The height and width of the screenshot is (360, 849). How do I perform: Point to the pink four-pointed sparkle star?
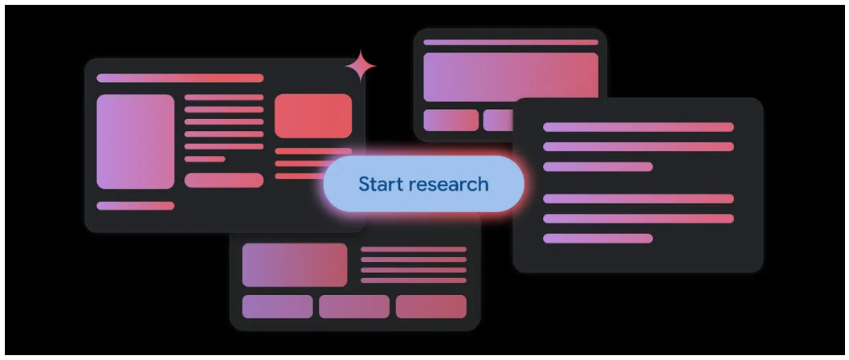pos(361,67)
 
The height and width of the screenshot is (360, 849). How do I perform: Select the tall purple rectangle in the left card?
pos(135,141)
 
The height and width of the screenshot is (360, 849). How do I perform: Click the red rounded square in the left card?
pos(313,116)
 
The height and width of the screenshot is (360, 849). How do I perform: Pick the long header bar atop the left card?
pos(180,78)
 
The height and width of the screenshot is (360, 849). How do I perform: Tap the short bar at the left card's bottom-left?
pos(135,206)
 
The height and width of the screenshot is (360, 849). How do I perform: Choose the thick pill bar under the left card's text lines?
pos(224,180)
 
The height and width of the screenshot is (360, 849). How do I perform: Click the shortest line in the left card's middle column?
pos(205,159)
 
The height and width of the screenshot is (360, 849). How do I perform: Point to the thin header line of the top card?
pos(511,42)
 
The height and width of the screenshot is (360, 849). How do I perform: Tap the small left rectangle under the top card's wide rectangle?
pos(451,120)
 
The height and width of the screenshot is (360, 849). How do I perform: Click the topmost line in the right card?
pos(639,127)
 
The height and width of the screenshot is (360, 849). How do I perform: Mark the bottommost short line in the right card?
pos(598,238)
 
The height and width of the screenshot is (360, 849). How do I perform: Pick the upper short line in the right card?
pos(598,167)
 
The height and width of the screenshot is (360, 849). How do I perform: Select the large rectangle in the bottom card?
pos(295,264)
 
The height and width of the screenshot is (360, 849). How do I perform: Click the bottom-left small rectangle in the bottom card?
pos(277,306)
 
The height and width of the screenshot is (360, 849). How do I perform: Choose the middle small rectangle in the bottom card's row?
pos(354,306)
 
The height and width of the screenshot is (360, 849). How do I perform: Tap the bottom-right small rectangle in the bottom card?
pos(431,306)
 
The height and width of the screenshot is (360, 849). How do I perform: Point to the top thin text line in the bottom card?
pos(414,249)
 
